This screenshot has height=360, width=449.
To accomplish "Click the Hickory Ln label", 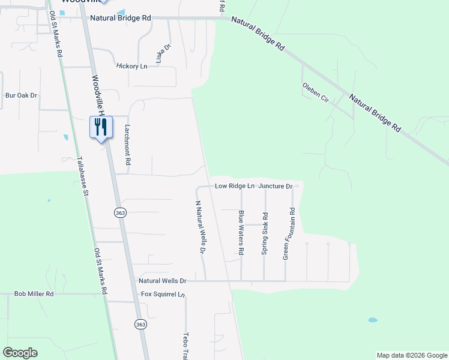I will tap(131, 66).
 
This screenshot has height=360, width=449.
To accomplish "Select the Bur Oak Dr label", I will tap(21, 95).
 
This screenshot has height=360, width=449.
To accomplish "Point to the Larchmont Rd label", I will tap(128, 145).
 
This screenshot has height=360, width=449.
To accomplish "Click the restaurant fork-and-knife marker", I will tap(100, 127).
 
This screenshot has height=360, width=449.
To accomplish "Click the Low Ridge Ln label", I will tap(235, 187).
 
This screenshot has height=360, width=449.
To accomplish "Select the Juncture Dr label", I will tap(276, 187).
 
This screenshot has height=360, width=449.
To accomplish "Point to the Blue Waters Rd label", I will tap(241, 233).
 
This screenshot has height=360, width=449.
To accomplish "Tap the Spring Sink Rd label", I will tap(264, 234).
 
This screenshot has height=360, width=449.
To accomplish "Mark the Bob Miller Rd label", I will tap(34, 294).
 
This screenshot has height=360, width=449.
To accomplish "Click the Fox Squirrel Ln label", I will tap(162, 295).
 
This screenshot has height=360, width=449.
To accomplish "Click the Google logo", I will tap(20, 353).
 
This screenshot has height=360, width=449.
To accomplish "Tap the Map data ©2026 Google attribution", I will tap(412, 355).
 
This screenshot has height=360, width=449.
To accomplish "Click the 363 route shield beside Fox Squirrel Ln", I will tap(140, 324).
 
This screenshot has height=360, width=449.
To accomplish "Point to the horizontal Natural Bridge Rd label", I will tap(121, 19).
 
